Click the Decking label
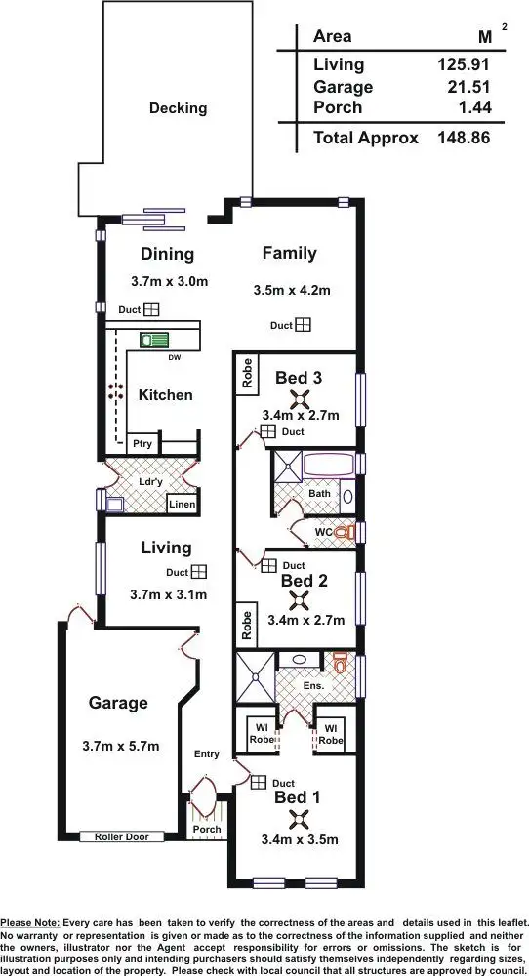click(x=178, y=108)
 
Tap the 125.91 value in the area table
click(x=463, y=64)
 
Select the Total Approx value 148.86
click(x=463, y=138)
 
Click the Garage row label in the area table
click(x=343, y=87)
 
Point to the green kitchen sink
click(x=153, y=341)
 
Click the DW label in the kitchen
click(x=175, y=357)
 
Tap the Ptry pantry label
click(x=141, y=441)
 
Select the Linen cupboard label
click(x=182, y=504)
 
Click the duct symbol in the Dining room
click(x=151, y=309)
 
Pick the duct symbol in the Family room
click(x=304, y=324)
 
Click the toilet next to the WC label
click(x=341, y=533)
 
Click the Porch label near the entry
click(x=206, y=830)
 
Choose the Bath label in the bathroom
click(x=319, y=494)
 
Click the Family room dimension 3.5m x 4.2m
click(x=290, y=290)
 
